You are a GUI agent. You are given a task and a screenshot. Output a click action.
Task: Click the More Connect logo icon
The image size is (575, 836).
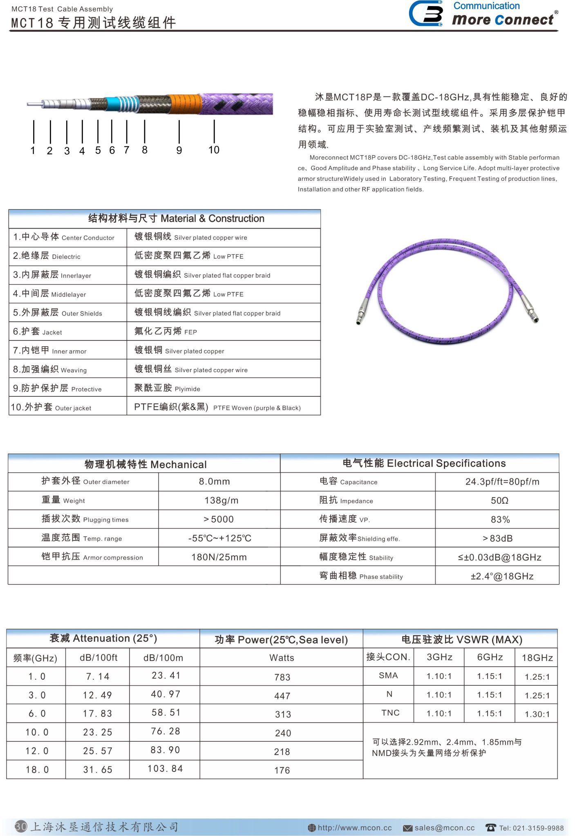click(x=426, y=13)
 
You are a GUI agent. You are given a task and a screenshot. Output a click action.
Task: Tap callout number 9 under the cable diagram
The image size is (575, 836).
click(x=179, y=150)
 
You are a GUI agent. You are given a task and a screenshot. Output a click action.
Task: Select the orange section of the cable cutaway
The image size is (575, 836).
click(x=185, y=103)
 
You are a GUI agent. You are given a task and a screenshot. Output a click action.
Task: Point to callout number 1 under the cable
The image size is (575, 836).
click(x=33, y=151)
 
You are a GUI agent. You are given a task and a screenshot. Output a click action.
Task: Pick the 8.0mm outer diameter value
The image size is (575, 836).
click(x=214, y=482)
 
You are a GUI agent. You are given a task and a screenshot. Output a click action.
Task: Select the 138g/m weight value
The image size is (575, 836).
click(x=221, y=500)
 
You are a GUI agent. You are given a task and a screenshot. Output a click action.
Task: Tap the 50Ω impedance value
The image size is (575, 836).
click(x=499, y=500)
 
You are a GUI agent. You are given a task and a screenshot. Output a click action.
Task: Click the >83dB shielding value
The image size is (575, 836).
click(x=497, y=538)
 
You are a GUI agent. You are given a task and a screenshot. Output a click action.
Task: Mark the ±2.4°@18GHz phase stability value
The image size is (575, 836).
click(x=502, y=576)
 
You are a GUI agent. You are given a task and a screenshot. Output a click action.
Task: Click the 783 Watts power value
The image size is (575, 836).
click(x=282, y=677)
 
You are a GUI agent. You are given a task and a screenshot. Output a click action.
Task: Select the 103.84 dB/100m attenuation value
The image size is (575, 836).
click(x=165, y=769)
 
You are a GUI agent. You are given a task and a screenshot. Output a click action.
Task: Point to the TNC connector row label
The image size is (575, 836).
click(x=390, y=713)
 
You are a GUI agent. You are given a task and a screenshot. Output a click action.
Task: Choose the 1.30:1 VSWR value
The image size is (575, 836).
click(x=537, y=714)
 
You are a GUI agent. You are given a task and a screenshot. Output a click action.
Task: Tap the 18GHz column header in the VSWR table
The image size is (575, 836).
click(x=537, y=658)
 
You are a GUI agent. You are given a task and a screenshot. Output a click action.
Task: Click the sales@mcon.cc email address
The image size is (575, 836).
click(x=444, y=828)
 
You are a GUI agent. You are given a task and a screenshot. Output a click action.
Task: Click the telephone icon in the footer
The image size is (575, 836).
click(x=490, y=827)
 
